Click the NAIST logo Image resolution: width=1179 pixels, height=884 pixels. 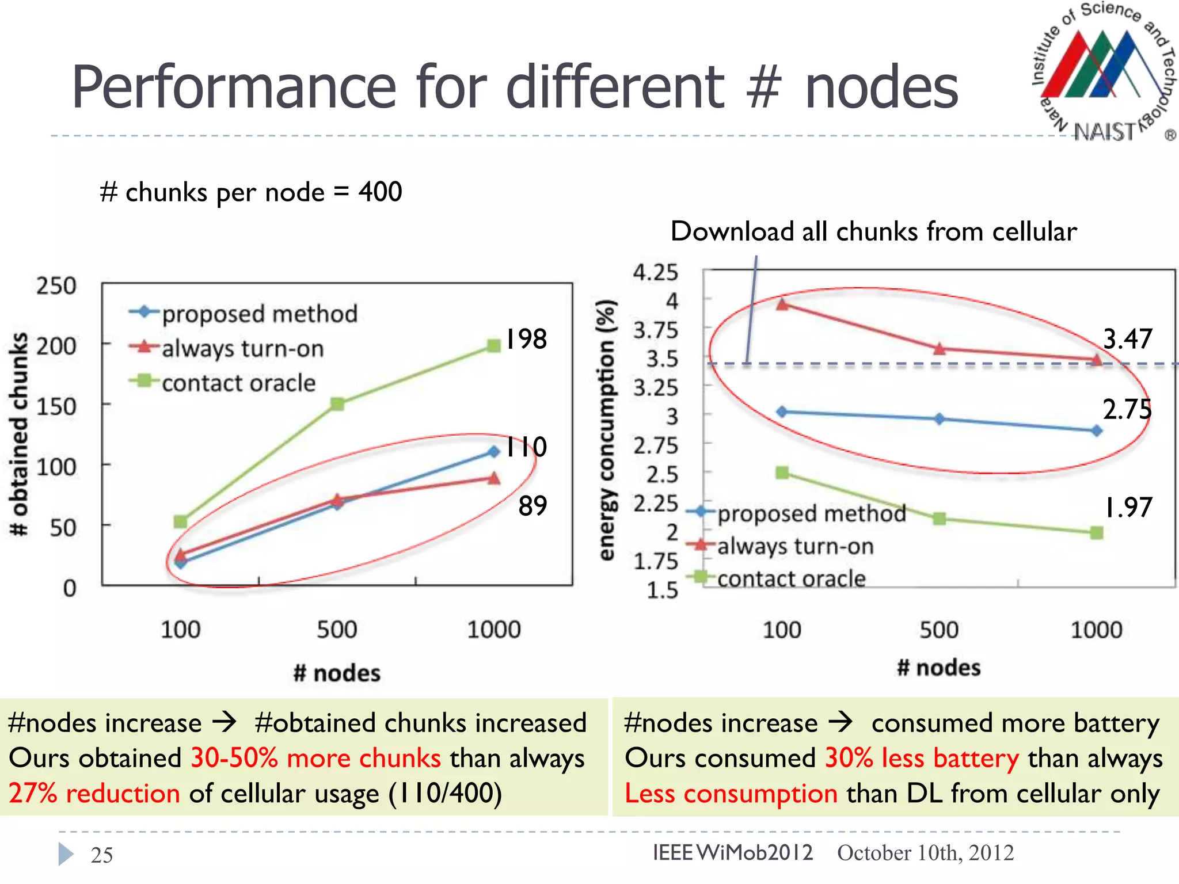click(x=1102, y=72)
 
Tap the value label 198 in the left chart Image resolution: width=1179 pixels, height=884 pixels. click(x=526, y=339)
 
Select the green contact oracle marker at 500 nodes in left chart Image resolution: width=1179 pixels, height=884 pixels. click(x=337, y=404)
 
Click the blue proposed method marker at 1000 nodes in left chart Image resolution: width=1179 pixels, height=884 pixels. click(x=493, y=452)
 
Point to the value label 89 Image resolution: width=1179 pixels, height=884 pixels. click(x=533, y=506)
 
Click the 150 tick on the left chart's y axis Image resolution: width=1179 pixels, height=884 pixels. click(x=56, y=407)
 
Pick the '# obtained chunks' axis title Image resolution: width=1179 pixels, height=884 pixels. click(x=20, y=435)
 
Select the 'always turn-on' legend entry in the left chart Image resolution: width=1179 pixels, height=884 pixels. click(x=242, y=349)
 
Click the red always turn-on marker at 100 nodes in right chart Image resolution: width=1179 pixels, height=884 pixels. click(x=782, y=304)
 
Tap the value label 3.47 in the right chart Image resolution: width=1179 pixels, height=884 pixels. click(x=1127, y=339)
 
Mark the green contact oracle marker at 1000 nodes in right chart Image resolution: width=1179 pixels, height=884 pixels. click(x=1097, y=533)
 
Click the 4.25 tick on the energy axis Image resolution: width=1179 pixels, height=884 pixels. click(x=655, y=272)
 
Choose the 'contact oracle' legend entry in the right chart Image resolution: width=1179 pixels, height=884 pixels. click(x=791, y=578)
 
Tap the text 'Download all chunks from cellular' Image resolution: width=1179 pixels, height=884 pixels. click(x=873, y=231)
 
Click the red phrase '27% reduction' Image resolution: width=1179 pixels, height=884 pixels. click(x=94, y=794)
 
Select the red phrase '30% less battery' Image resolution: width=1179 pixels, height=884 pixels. click(x=922, y=759)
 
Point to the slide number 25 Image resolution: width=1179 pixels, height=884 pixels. click(x=102, y=855)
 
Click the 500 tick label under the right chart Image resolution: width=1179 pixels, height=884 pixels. click(x=938, y=630)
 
